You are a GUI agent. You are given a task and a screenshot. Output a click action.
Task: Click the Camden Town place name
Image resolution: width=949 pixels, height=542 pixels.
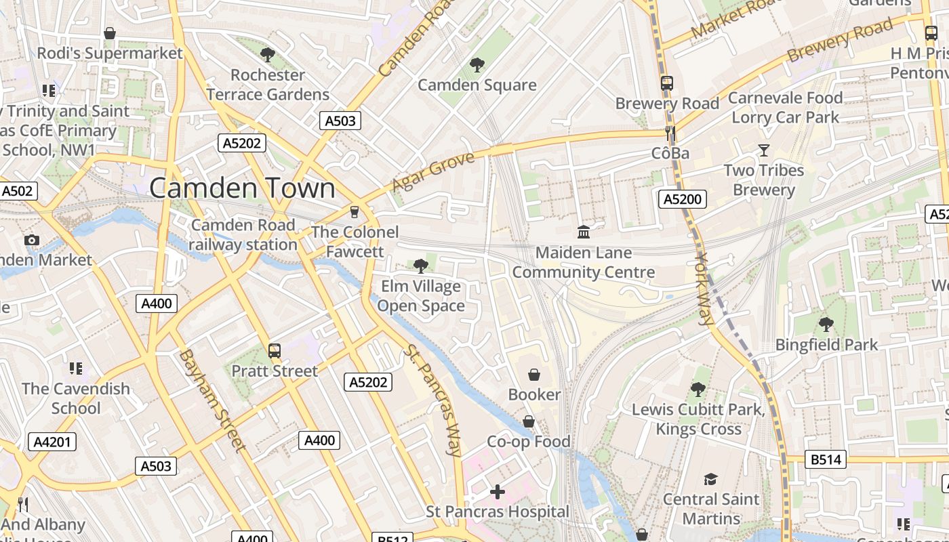[242, 188]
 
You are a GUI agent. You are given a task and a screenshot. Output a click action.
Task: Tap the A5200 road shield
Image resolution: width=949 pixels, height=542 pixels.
[683, 199]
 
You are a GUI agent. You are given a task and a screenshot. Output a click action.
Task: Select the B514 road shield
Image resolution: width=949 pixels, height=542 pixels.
[826, 460]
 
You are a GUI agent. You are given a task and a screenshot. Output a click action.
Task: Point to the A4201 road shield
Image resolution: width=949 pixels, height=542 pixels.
[52, 442]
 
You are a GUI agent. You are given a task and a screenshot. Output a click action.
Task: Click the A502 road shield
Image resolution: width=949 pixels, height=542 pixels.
[17, 191]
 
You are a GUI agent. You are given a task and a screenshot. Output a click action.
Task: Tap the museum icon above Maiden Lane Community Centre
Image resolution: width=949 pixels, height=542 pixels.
[583, 232]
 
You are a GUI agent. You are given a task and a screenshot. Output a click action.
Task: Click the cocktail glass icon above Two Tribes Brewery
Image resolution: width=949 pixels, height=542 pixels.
[764, 150]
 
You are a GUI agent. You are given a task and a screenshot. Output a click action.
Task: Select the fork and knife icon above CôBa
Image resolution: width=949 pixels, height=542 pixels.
[670, 133]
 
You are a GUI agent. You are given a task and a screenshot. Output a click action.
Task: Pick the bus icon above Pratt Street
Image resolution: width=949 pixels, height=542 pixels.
[274, 351]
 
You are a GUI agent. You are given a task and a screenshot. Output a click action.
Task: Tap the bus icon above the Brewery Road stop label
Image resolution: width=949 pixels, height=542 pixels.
[667, 83]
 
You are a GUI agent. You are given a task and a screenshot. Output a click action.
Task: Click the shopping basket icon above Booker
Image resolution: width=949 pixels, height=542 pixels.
[534, 375]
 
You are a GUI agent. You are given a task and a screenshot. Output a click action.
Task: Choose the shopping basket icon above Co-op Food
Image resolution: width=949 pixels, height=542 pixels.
[529, 421]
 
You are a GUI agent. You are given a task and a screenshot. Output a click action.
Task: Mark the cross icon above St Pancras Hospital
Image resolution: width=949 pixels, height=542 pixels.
[498, 491]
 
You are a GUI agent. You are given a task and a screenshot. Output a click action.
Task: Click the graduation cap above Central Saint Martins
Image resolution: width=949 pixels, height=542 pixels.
[710, 480]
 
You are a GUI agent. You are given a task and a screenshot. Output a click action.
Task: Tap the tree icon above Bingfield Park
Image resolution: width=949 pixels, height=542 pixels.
[826, 325]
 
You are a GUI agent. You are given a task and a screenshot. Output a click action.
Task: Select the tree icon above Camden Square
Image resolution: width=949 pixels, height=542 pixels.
[477, 65]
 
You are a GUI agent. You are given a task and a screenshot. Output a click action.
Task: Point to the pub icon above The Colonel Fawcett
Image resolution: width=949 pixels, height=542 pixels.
[354, 212]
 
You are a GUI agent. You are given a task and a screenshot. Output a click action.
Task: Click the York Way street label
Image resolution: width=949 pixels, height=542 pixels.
[705, 289]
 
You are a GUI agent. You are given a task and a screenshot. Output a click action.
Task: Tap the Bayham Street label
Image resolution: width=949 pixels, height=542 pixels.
[211, 400]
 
